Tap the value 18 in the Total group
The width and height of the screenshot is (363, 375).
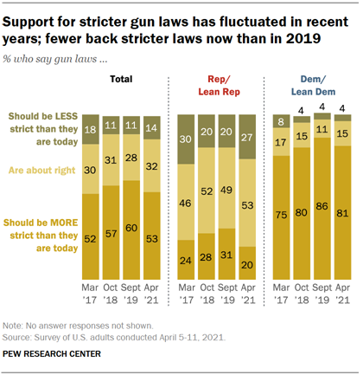89,129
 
